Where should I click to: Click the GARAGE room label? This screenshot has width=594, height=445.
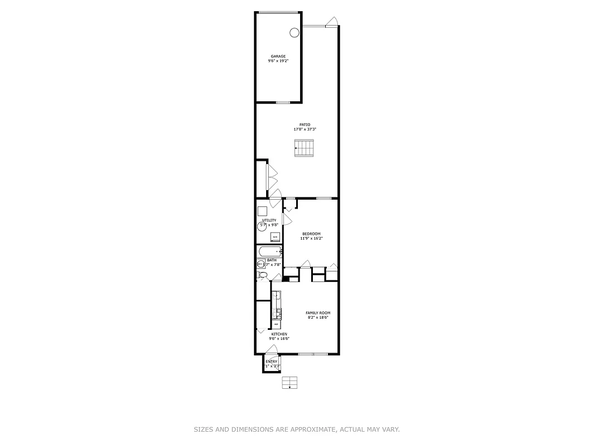click(x=278, y=56)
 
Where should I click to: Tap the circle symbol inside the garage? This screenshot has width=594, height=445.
click(x=294, y=33)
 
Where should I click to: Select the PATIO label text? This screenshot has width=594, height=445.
click(x=305, y=125)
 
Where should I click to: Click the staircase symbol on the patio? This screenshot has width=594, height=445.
click(x=305, y=149)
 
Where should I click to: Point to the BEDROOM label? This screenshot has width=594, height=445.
click(x=311, y=234)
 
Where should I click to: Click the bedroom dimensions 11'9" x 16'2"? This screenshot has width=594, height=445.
click(x=311, y=238)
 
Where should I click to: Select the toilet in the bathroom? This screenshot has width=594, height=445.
click(x=262, y=275)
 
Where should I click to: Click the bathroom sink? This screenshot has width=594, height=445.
click(x=261, y=264)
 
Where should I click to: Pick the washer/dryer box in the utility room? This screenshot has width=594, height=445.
click(x=274, y=237)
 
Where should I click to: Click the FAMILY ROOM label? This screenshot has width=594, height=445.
click(x=318, y=313)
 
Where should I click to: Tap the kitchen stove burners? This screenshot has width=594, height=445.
click(x=277, y=313)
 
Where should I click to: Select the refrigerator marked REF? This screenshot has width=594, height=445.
click(x=276, y=324)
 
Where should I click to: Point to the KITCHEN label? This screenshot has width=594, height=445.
click(x=279, y=334)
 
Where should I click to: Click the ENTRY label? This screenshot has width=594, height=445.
click(x=271, y=362)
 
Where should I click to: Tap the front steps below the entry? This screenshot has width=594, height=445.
click(x=289, y=383)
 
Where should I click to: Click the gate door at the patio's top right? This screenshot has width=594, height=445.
click(x=332, y=23)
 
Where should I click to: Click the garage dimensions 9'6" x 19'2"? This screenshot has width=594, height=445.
click(x=278, y=61)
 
